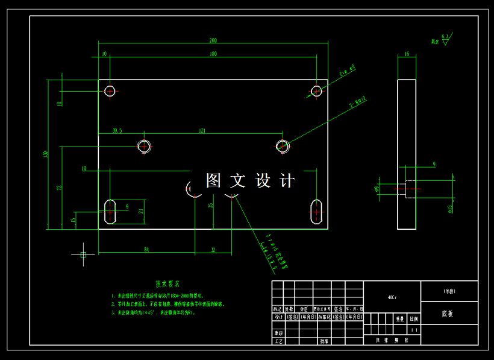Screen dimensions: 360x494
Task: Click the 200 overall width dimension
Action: pyautogui.click(x=213, y=40)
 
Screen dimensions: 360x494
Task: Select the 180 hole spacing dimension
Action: pyautogui.click(x=213, y=54)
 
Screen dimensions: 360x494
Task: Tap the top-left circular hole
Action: pyautogui.click(x=110, y=91)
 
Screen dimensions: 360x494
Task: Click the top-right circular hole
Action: pyautogui.click(x=316, y=91)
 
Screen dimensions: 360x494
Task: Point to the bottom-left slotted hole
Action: pyautogui.click(x=110, y=212)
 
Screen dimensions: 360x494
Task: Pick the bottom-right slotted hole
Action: pyautogui.click(x=316, y=212)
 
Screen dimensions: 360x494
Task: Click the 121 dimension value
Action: pyautogui.click(x=202, y=130)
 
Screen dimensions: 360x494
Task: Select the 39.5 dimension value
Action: pyautogui.click(x=117, y=130)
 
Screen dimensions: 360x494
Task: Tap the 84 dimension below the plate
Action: pyautogui.click(x=146, y=249)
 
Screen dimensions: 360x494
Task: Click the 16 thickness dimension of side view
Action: pyautogui.click(x=407, y=54)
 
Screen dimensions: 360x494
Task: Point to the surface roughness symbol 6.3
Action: pyautogui.click(x=445, y=37)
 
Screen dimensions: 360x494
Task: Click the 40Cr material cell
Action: pyautogui.click(x=392, y=297)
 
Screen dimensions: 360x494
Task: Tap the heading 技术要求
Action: pyautogui.click(x=168, y=283)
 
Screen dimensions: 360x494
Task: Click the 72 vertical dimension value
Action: pyautogui.click(x=59, y=188)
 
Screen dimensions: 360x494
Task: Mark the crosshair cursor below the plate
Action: pyautogui.click(x=83, y=254)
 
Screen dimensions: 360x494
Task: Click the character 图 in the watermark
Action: pyautogui.click(x=213, y=180)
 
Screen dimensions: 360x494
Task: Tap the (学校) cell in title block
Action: pyautogui.click(x=449, y=291)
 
